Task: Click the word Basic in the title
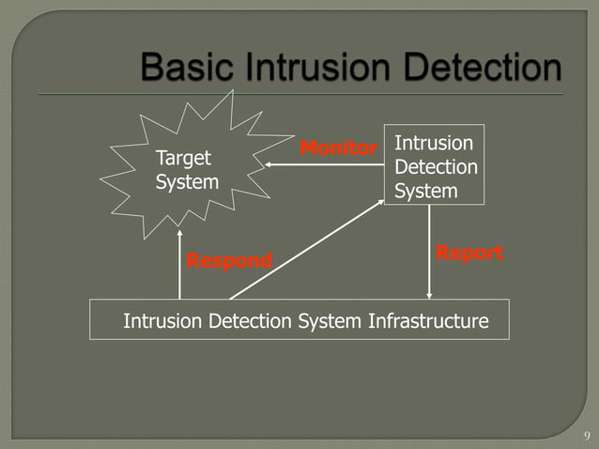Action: [x=184, y=69]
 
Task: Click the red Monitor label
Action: [x=338, y=148]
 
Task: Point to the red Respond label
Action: [x=229, y=260]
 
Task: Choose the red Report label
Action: [x=469, y=254]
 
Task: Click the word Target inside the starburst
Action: [x=183, y=157]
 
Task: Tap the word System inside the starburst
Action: [x=187, y=181]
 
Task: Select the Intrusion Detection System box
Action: [x=435, y=165]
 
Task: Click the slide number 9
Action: [x=587, y=435]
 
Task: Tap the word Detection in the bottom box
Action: [x=249, y=321]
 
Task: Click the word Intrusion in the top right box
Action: [x=434, y=143]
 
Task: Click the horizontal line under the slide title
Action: [x=329, y=94]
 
